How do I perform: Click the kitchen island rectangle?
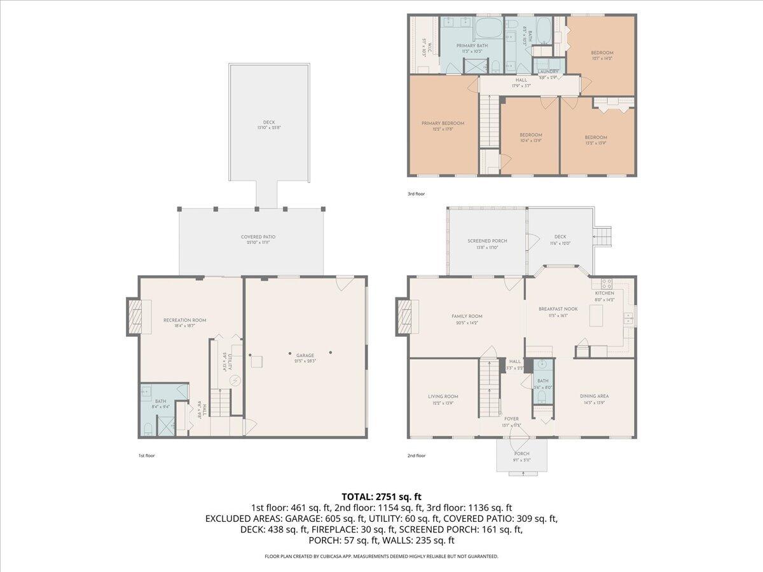tap(596, 316)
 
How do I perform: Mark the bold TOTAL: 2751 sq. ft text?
tap(381, 496)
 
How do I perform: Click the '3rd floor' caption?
tap(416, 193)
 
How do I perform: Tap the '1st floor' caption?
tap(146, 456)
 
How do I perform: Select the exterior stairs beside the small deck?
tap(603, 237)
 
